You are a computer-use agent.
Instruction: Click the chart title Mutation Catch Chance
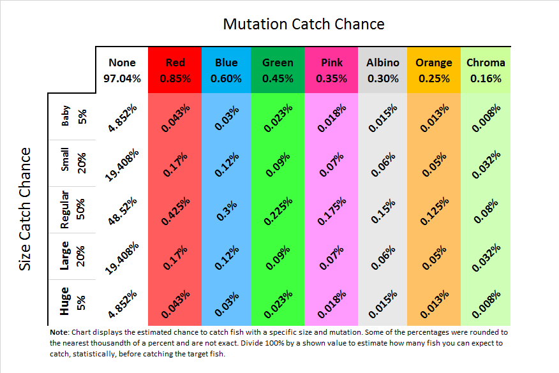[x=303, y=24]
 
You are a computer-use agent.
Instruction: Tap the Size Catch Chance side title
[x=25, y=209]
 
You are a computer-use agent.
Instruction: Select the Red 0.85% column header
[x=175, y=70]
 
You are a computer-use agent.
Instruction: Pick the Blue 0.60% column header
[x=227, y=70]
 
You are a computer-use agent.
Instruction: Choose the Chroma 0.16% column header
[x=486, y=70]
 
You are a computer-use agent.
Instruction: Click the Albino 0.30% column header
[x=382, y=70]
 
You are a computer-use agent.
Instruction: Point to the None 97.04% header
[x=122, y=70]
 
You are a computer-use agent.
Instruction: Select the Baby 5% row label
[x=73, y=116]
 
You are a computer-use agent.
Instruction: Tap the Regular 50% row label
[x=73, y=209]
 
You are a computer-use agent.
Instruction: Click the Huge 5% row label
[x=73, y=302]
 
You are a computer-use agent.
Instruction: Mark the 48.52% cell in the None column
[x=122, y=209]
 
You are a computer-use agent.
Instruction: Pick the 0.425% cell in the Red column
[x=175, y=209]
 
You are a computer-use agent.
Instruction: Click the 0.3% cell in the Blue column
[x=227, y=209]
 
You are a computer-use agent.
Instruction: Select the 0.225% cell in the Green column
[x=278, y=209]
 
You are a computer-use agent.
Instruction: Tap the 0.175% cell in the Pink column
[x=331, y=209]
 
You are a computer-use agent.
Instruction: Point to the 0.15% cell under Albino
[x=382, y=209]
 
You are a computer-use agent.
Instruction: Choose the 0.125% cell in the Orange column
[x=434, y=209]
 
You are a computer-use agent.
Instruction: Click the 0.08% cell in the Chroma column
[x=486, y=209]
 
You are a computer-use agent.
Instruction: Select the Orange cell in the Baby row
[x=434, y=116]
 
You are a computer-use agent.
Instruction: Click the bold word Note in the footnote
[x=59, y=332]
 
